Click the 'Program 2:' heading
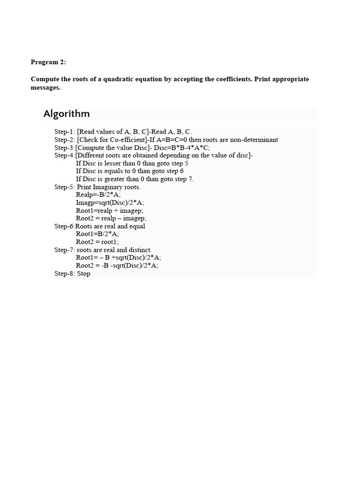coord(48,62)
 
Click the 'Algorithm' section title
coord(67,114)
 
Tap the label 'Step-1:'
coord(65,132)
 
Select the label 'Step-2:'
coord(65,140)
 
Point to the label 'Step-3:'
coord(65,147)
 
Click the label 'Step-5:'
coord(65,187)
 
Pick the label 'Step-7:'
coord(65,250)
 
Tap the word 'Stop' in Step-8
coord(83,273)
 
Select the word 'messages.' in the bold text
coord(45,88)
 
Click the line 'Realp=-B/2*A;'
coord(98,195)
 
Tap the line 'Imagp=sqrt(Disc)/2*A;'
coord(110,202)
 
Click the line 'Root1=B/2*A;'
coord(97,234)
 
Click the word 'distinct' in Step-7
coord(139,250)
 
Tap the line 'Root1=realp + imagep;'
coord(110,210)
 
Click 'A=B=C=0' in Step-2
coord(171,140)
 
